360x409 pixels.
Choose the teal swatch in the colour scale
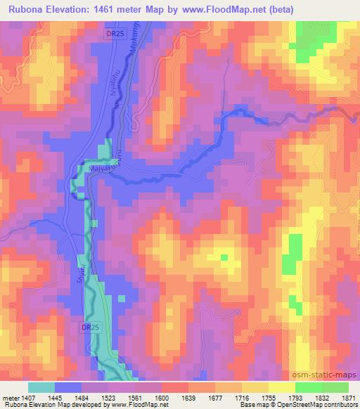[x=41, y=387]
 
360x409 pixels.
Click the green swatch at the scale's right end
[x=335, y=387]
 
